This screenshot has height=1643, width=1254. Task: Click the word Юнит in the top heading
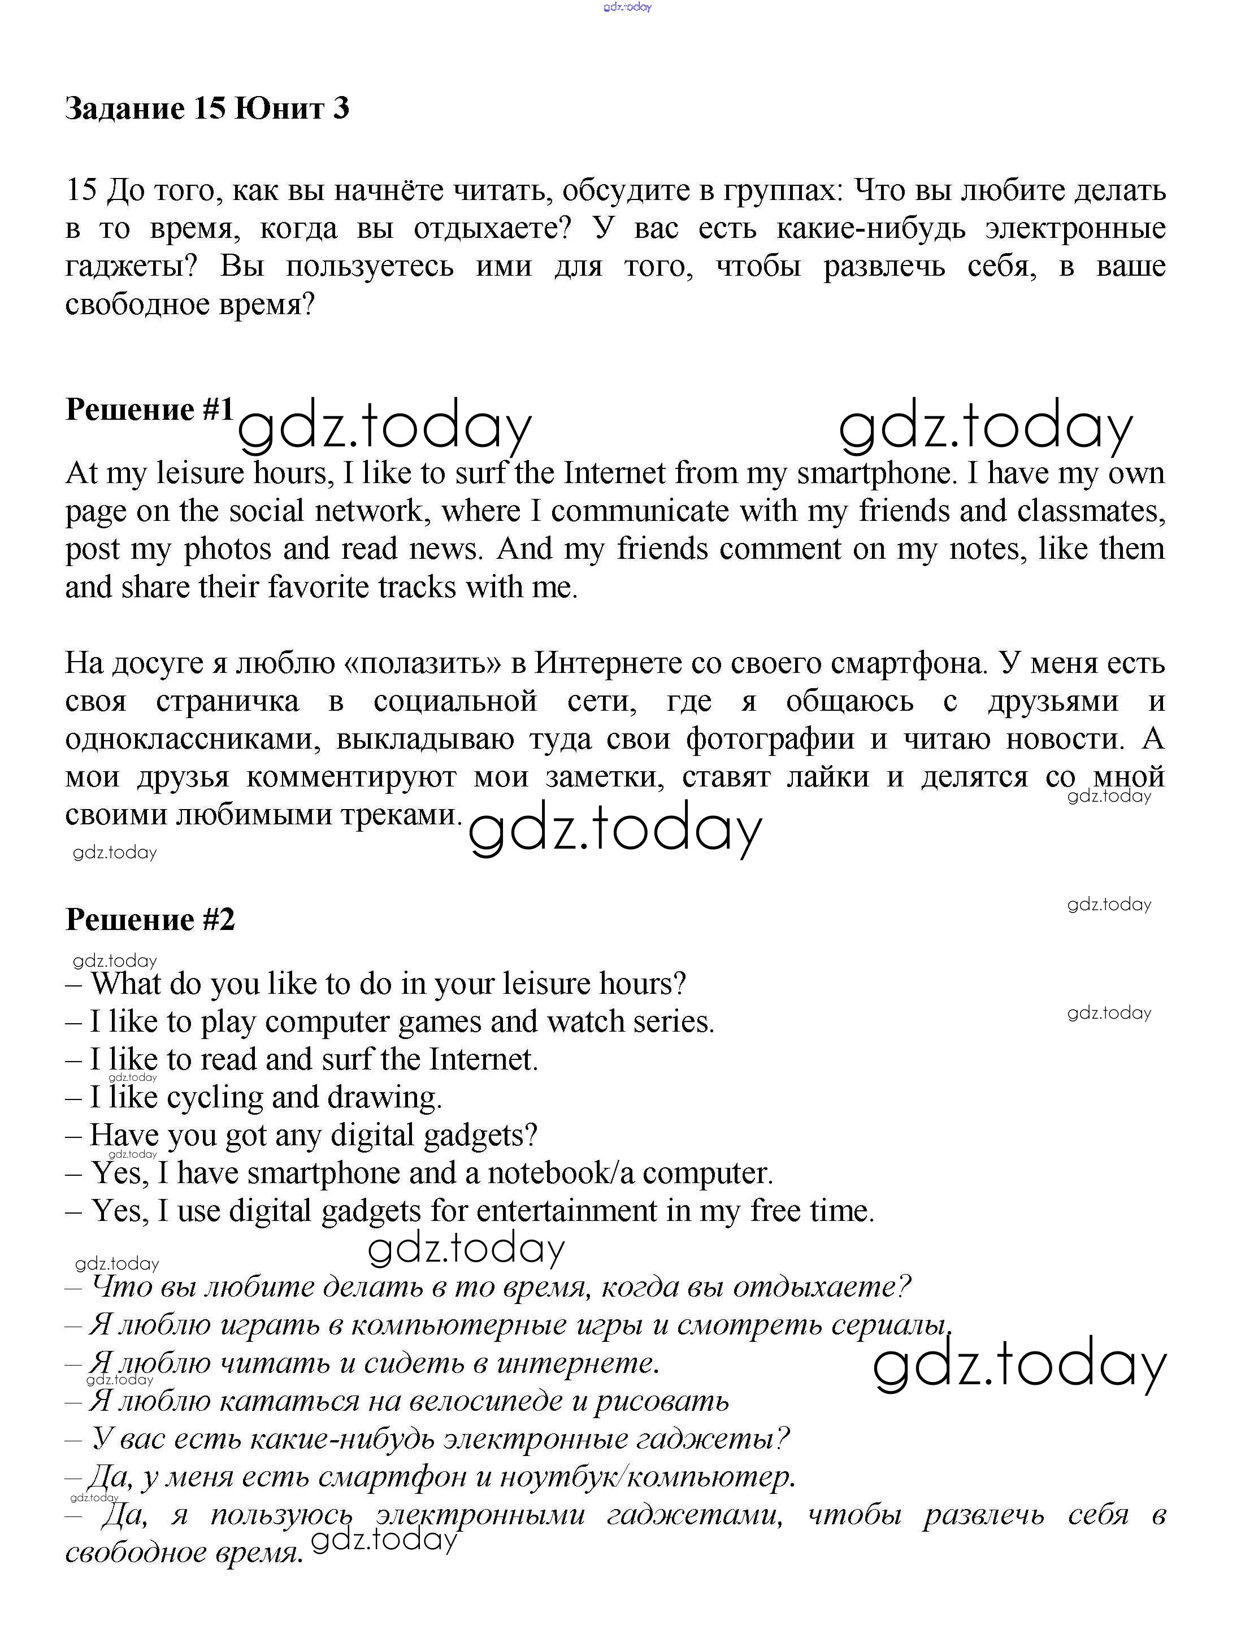point(279,109)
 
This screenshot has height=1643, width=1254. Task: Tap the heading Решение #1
point(149,410)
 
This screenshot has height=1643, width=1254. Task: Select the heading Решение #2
point(150,919)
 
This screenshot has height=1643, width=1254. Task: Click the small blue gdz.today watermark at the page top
point(627,7)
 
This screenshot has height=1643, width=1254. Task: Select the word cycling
point(215,1098)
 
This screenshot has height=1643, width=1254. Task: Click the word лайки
point(828,777)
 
